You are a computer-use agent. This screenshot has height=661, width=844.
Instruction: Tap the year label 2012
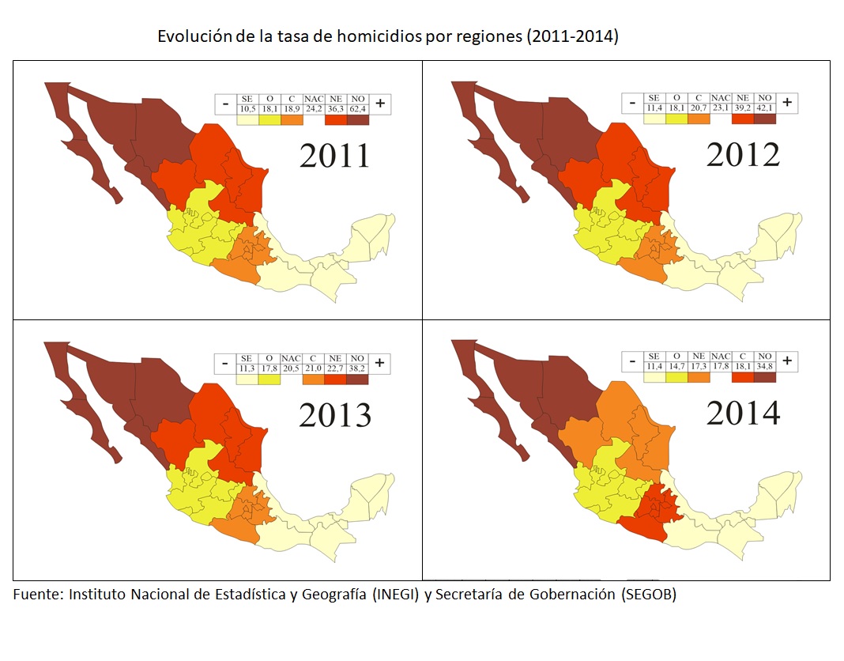(743, 155)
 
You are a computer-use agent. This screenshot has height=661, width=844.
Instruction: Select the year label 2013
(334, 414)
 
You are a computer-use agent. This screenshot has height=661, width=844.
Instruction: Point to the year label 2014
(743, 413)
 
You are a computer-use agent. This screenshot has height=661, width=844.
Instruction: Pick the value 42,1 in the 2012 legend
(764, 108)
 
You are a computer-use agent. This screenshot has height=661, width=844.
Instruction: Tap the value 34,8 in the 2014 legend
(764, 367)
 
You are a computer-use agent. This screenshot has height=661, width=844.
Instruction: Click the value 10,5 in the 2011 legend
(247, 108)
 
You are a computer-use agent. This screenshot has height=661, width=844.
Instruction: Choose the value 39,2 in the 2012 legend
(742, 108)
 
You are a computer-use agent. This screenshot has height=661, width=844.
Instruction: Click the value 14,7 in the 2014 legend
(676, 367)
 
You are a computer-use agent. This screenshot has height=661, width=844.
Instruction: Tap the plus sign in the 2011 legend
(380, 103)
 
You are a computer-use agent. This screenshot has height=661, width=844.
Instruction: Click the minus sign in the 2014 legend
(632, 362)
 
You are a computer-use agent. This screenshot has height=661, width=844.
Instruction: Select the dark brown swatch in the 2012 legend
(764, 119)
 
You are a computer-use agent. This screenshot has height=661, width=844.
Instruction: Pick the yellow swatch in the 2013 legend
(269, 378)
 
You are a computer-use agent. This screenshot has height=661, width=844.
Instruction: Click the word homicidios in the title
(376, 37)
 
